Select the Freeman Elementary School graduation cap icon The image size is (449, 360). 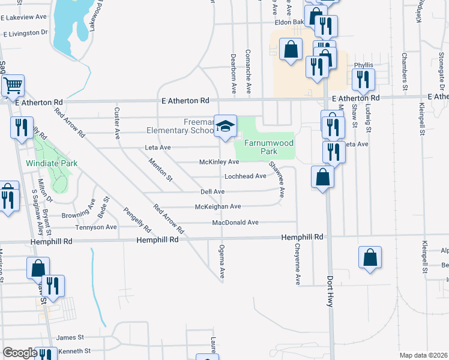(225, 126)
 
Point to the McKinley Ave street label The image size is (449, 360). (219, 162)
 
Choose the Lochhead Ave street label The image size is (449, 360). (245, 176)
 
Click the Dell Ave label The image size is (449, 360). (212, 191)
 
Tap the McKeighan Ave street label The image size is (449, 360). (218, 206)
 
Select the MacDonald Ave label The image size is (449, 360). (235, 223)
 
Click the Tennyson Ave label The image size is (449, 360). (95, 227)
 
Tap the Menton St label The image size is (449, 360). (160, 170)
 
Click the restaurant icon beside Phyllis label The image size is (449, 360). (363, 80)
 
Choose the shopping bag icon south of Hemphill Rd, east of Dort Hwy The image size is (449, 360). (370, 257)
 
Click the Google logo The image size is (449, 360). (20, 353)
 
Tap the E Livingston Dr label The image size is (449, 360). (25, 32)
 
